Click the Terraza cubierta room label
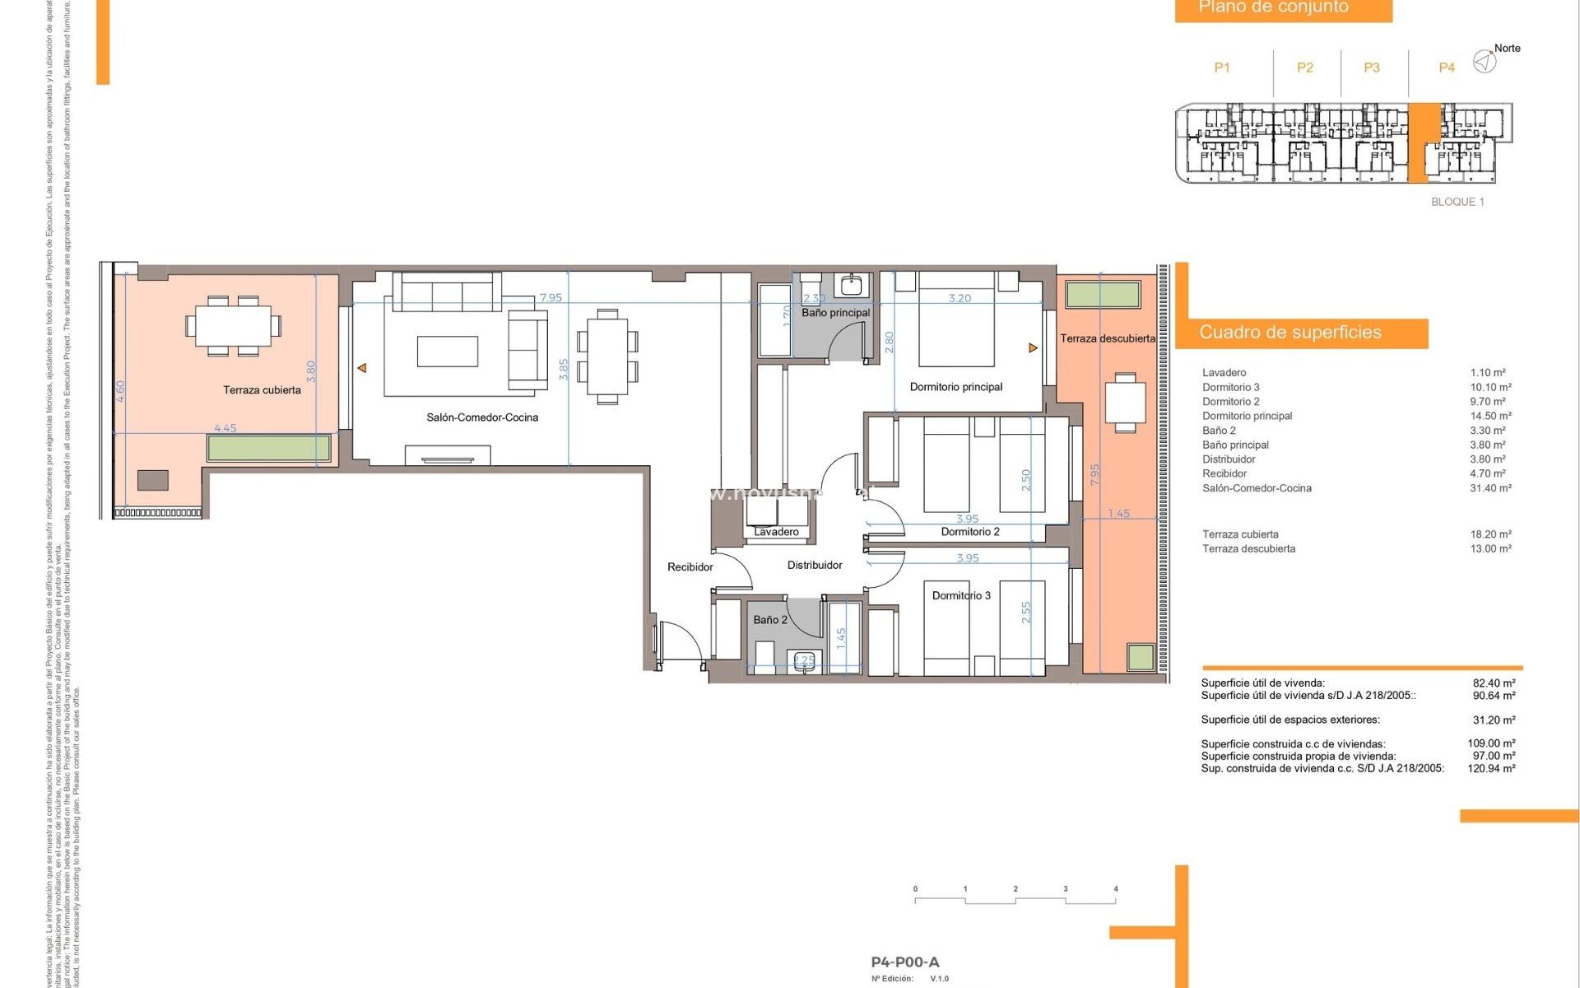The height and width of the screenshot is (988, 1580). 262,390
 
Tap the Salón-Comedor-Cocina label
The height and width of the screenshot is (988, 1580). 482,417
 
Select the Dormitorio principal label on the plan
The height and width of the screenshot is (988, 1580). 955,387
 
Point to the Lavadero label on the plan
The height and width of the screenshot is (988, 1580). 776,532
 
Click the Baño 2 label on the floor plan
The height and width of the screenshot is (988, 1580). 770,620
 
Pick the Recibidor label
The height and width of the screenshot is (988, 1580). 690,567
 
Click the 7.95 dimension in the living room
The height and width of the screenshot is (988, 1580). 551,298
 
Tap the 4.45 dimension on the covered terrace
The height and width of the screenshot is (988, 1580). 225,428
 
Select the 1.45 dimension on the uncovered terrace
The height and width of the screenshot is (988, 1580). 1118,514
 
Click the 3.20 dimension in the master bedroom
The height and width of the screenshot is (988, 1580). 960,298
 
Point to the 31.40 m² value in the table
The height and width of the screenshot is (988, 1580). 1489,488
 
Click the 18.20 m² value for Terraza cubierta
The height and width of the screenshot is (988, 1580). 1490,534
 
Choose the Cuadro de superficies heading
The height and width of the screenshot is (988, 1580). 1290,333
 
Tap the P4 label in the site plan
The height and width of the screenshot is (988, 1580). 1446,68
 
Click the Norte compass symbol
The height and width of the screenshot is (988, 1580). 1485,61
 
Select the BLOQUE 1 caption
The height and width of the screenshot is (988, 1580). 1457,202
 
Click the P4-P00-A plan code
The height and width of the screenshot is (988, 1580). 904,962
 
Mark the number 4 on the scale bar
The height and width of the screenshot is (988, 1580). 1116,889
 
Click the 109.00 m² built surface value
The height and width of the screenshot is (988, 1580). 1491,743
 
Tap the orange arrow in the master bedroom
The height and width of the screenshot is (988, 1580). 1033,348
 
